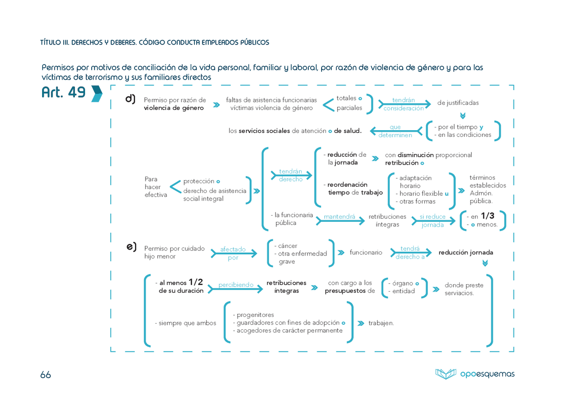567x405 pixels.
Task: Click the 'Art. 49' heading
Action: pyautogui.click(x=63, y=92)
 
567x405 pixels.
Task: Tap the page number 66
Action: pyautogui.click(x=46, y=374)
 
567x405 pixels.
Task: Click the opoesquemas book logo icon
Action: pyautogui.click(x=446, y=374)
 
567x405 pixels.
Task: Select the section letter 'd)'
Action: pyautogui.click(x=130, y=99)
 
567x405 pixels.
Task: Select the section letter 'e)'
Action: pyautogui.click(x=132, y=247)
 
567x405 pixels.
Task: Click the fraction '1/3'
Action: pyautogui.click(x=488, y=216)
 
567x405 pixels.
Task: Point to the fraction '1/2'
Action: pyautogui.click(x=196, y=282)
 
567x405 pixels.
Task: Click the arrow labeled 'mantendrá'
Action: pyautogui.click(x=340, y=221)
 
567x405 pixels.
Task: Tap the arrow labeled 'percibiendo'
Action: pyautogui.click(x=235, y=289)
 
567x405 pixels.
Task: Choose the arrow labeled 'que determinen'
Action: pyautogui.click(x=396, y=131)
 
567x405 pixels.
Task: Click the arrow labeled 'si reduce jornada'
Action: pyautogui.click(x=433, y=221)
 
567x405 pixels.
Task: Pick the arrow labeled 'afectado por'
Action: pyautogui.click(x=234, y=254)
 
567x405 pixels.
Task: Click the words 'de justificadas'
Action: pyautogui.click(x=458, y=103)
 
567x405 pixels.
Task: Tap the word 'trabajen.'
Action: pyautogui.click(x=381, y=323)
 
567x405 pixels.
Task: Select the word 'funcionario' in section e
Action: pyautogui.click(x=366, y=252)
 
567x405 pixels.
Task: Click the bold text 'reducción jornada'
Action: pyautogui.click(x=466, y=252)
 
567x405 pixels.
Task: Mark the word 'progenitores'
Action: pyautogui.click(x=255, y=315)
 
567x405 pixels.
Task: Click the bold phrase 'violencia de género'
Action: pyautogui.click(x=174, y=108)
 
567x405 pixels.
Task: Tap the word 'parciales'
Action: pyautogui.click(x=350, y=108)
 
